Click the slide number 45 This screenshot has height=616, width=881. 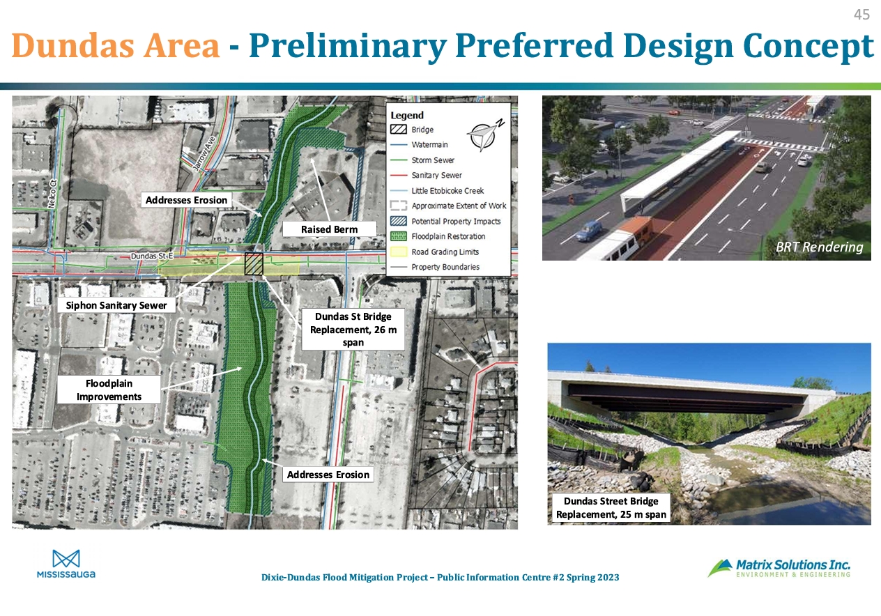[861, 15]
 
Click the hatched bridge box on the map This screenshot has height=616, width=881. [254, 264]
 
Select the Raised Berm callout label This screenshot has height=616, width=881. [329, 229]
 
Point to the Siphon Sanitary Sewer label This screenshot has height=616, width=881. [116, 305]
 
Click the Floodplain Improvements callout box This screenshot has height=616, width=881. [109, 390]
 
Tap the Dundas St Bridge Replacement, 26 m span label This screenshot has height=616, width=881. [353, 330]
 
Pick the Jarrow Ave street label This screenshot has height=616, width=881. [204, 153]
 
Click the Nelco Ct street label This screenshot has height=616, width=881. [52, 194]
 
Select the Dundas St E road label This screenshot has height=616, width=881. [152, 256]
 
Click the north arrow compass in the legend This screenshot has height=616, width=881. [485, 134]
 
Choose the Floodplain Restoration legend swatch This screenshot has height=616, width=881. [398, 236]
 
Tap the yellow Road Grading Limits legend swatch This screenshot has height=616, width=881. [398, 252]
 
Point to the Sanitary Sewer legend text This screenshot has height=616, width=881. [436, 176]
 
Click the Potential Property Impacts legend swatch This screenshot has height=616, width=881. [398, 221]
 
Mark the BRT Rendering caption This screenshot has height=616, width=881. [819, 247]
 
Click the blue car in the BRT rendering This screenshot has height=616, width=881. [589, 230]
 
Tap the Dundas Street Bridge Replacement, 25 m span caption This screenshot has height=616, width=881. [611, 507]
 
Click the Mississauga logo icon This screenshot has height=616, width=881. [66, 559]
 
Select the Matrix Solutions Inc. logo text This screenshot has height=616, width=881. [793, 565]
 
